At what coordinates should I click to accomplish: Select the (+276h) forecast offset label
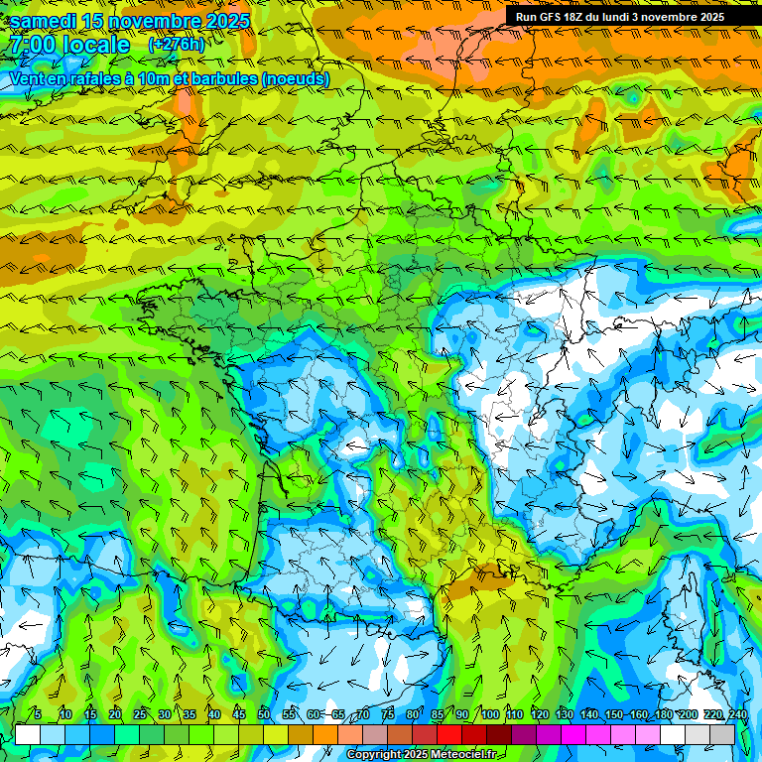coord(176,45)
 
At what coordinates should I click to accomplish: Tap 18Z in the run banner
coord(573,16)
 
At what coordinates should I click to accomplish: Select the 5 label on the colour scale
coord(38,715)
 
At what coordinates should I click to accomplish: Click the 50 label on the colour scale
coord(264,715)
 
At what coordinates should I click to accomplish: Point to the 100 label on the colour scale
coord(489,715)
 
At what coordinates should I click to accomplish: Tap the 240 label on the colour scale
coord(737,715)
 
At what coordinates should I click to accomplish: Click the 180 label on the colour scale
coord(663,715)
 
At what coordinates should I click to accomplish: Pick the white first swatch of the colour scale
coord(28,735)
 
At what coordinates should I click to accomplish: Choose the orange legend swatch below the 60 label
coord(325,735)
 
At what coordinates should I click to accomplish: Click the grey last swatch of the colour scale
coord(722,735)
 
